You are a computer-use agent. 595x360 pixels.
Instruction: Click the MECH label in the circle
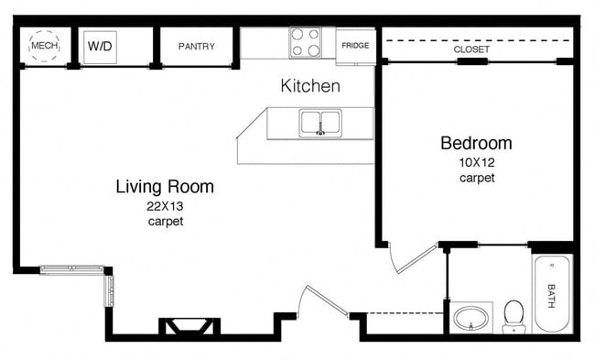[43, 44]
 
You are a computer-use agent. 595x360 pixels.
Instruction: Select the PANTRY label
[197, 46]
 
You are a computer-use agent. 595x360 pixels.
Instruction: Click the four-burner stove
[306, 42]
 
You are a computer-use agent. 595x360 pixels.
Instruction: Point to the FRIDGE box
[355, 46]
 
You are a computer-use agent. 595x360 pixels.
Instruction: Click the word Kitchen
[310, 86]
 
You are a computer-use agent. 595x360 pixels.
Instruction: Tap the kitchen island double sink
[320, 122]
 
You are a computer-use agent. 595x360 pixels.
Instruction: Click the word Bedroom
[476, 144]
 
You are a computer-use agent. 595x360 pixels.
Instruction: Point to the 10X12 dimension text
[476, 162]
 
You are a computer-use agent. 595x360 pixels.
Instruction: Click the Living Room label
[165, 187]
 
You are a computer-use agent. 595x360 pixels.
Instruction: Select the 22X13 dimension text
[165, 206]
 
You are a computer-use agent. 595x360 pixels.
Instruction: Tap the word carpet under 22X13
[165, 222]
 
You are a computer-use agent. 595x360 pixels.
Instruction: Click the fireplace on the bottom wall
[189, 326]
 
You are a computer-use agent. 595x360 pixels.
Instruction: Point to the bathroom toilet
[514, 315]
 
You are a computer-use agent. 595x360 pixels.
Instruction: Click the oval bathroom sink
[471, 319]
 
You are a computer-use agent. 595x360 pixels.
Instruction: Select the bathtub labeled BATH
[552, 293]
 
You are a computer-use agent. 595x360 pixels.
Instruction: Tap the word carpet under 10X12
[476, 178]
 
